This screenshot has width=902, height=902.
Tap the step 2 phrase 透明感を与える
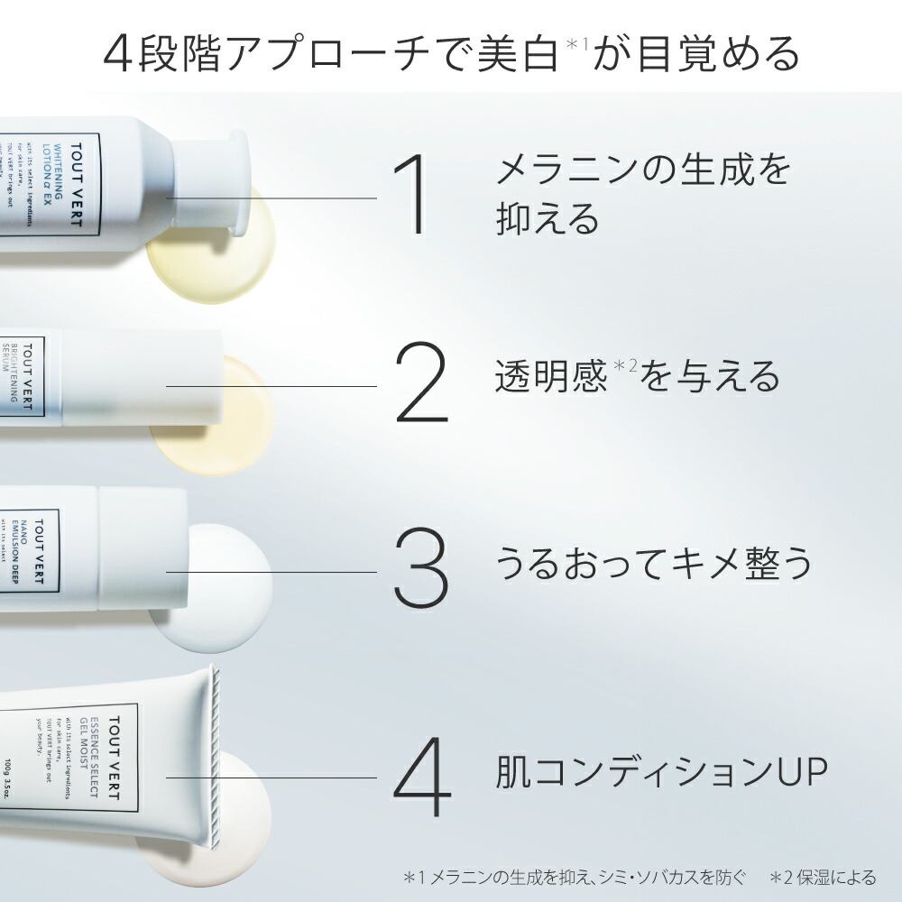click(637, 377)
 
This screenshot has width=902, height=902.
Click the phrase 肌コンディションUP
click(661, 772)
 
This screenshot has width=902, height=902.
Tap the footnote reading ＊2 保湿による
click(823, 877)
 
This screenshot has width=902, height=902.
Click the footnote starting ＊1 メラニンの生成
click(575, 877)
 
